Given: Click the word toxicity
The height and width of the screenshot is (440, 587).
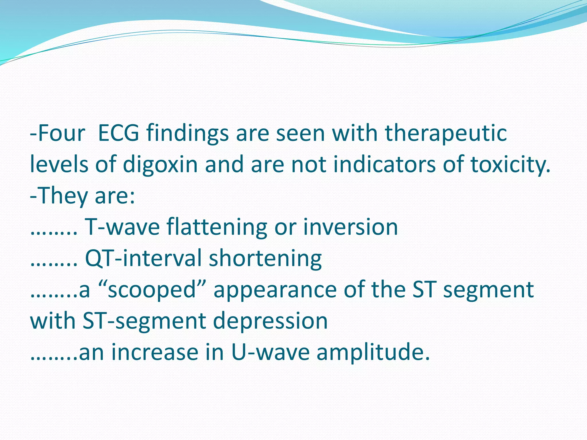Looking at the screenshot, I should [x=510, y=164].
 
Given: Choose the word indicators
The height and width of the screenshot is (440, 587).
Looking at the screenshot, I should [x=384, y=164].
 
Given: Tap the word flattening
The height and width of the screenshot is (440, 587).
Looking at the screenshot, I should [x=216, y=227].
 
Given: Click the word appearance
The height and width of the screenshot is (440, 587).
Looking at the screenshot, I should [x=275, y=290].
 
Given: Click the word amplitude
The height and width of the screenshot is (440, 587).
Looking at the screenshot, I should [x=373, y=352].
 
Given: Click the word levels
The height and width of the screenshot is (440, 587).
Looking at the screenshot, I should [x=59, y=164].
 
